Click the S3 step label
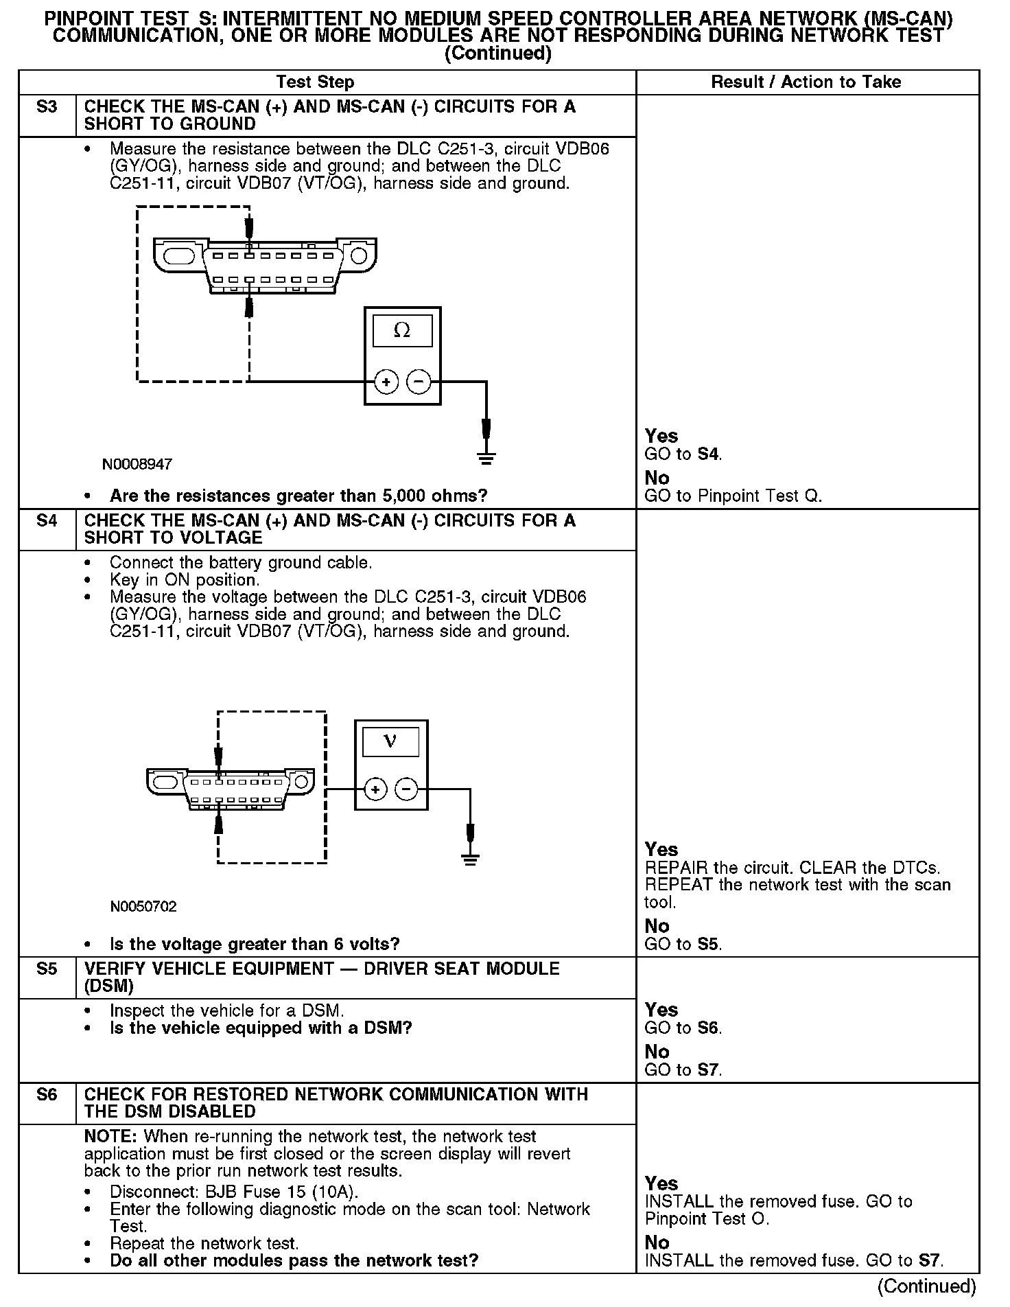pyautogui.click(x=47, y=107)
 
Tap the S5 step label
pyautogui.click(x=47, y=969)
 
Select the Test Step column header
pyautogui.click(x=315, y=82)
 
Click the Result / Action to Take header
pyautogui.click(x=806, y=82)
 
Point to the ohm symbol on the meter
pyautogui.click(x=402, y=331)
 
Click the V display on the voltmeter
pyautogui.click(x=390, y=741)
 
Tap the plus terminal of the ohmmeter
pyautogui.click(x=386, y=382)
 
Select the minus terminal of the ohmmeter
pyautogui.click(x=419, y=382)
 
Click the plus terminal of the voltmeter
pyautogui.click(x=375, y=790)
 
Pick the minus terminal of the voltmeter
pyautogui.click(x=407, y=790)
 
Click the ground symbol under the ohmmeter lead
pyautogui.click(x=486, y=459)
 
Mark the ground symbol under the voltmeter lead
pyautogui.click(x=470, y=859)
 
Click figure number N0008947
pyautogui.click(x=137, y=465)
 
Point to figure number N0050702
pyautogui.click(x=143, y=907)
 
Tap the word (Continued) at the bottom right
pyautogui.click(x=926, y=1286)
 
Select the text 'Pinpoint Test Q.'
pyautogui.click(x=760, y=496)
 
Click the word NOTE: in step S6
pyautogui.click(x=111, y=1137)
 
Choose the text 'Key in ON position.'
pyautogui.click(x=185, y=580)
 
